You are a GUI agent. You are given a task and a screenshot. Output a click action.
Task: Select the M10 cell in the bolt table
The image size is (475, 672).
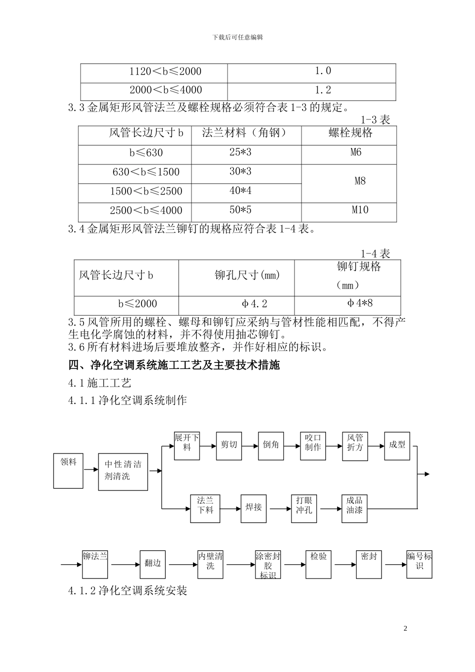(359, 209)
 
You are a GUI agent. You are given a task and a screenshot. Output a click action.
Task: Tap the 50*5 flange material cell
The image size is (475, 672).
(240, 210)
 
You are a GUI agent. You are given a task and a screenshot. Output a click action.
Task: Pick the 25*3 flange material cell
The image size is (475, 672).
(240, 152)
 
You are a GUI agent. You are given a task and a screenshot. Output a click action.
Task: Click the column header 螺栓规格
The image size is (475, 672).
(350, 132)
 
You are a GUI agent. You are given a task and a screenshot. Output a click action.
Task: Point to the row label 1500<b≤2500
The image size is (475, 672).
(146, 191)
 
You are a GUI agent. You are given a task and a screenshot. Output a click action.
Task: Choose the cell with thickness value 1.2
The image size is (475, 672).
(322, 90)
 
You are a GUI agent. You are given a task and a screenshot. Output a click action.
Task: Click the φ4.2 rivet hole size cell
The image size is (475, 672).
(254, 303)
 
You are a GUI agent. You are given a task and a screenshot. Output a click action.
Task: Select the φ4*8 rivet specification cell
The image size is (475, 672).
(359, 302)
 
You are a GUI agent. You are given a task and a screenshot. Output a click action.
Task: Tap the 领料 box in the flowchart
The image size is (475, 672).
(68, 470)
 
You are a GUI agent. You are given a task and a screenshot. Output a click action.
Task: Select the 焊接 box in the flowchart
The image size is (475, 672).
(253, 508)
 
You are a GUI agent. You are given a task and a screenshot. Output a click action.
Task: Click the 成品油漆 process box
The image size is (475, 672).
(354, 508)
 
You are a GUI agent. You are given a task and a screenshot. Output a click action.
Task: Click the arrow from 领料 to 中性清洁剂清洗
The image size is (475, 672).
(91, 469)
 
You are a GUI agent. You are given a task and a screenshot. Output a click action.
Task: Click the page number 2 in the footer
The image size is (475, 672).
(405, 628)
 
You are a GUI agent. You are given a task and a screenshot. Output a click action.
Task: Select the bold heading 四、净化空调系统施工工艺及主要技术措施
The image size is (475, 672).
(174, 365)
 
